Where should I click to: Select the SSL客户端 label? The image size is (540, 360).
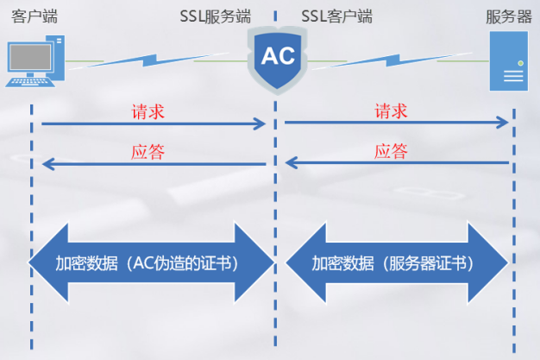tap(337, 16)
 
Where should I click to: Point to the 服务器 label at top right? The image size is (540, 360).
tap(508, 16)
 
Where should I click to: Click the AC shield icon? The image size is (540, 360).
tap(277, 58)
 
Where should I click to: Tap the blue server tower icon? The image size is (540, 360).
tap(510, 61)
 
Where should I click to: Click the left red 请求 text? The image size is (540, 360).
tap(148, 112)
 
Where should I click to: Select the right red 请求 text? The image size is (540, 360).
tap(391, 112)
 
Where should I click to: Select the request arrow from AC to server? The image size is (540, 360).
tap(397, 124)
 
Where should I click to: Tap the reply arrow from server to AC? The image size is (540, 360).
tap(397, 163)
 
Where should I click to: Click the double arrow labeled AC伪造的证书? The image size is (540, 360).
tap(151, 263)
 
